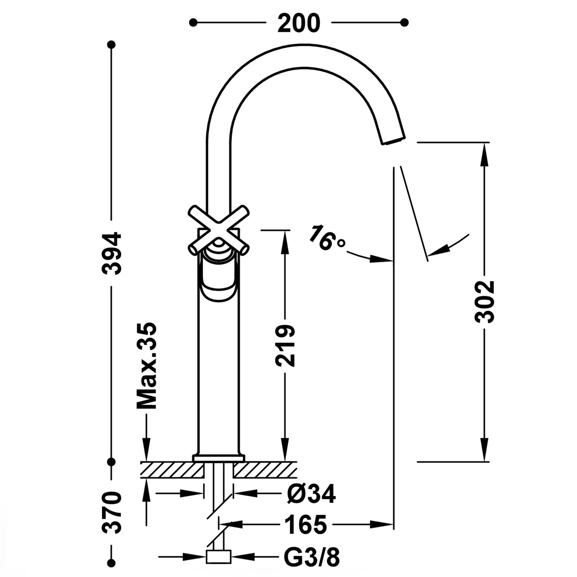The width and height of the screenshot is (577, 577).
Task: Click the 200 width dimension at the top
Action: (298, 23)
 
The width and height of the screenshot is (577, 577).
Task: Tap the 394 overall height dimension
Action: (112, 253)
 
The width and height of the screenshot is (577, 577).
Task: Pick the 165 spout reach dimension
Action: (305, 524)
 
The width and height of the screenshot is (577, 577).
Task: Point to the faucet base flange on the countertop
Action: (219, 458)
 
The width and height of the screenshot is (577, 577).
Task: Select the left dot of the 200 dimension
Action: (193, 22)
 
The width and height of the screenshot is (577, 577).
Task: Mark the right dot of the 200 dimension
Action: (404, 22)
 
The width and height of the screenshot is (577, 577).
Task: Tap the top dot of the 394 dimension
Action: (112, 45)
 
